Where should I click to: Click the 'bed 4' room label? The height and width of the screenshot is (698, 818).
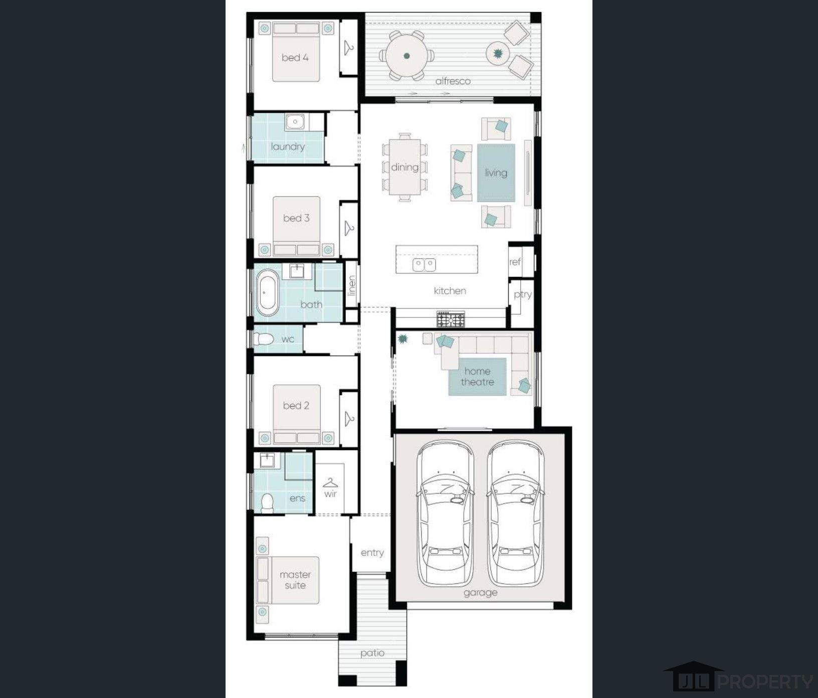[x=295, y=58]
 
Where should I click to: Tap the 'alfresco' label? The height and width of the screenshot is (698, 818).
[x=453, y=81]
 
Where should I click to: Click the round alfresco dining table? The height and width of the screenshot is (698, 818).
[x=406, y=56]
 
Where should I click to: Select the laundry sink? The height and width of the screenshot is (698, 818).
[x=295, y=122]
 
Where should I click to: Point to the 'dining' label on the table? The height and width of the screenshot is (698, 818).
[x=404, y=167]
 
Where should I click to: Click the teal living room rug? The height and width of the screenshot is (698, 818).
[x=496, y=173]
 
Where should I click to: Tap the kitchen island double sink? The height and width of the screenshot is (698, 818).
[x=424, y=264]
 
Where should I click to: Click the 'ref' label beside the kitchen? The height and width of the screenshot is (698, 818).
[x=515, y=262]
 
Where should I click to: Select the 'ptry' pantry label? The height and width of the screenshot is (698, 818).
[x=522, y=294]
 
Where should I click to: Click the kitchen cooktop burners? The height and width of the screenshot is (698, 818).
[x=451, y=319]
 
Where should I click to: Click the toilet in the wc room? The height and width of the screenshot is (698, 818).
[x=263, y=339]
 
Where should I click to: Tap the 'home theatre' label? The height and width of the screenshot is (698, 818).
[x=477, y=377]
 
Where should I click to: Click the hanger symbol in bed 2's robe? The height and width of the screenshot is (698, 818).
[x=349, y=418]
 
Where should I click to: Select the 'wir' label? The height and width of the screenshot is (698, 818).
[x=330, y=494]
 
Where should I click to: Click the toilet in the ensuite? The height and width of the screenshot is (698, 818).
[x=267, y=502]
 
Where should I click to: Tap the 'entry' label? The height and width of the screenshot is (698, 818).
[x=372, y=553]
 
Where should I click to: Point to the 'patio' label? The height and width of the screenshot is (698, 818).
[x=372, y=653]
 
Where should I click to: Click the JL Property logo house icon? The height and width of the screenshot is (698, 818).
[x=693, y=677]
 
